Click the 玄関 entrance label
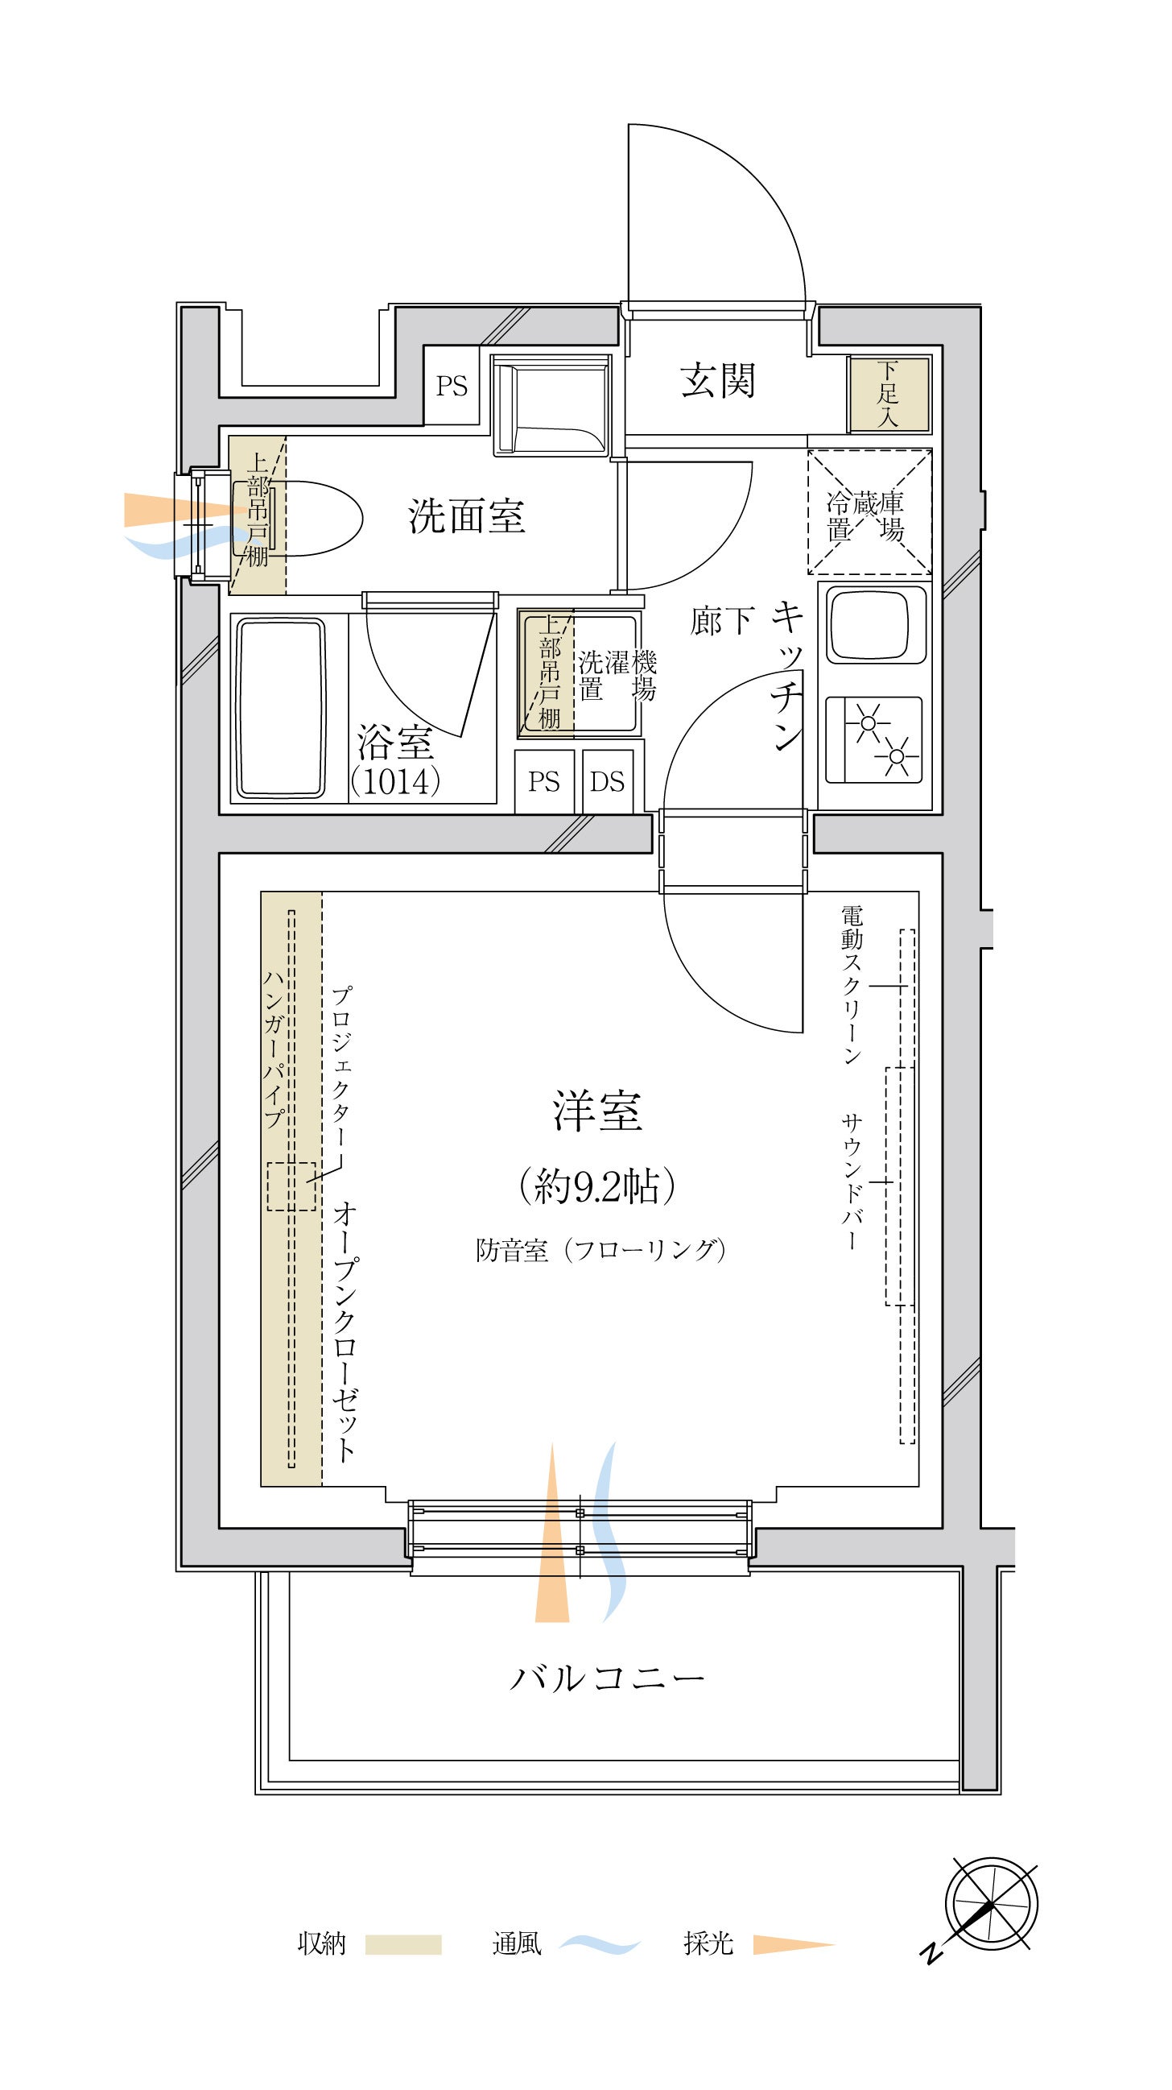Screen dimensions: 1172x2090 pos(718,380)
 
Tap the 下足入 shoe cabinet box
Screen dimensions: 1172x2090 pos(888,395)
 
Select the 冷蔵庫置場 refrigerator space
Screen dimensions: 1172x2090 pos(869,512)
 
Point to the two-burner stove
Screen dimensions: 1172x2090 pos(873,739)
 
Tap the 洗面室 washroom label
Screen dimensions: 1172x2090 pos(466,516)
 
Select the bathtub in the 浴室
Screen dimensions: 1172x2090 pos(281,707)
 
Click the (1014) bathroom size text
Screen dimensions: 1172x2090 pos(397,780)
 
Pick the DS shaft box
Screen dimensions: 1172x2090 pos(608,781)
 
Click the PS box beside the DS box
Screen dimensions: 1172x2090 pos(544,781)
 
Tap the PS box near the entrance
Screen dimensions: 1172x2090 pos(452,386)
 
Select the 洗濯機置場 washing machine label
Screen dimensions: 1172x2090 pos(617,675)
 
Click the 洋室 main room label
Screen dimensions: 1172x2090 pos(598,1111)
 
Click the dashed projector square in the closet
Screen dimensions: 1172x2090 pos(291,1186)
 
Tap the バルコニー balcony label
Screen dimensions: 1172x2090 pos(607,1678)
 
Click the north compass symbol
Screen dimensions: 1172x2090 pos(991,1903)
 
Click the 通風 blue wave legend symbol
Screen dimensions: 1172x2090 pos(600,1945)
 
